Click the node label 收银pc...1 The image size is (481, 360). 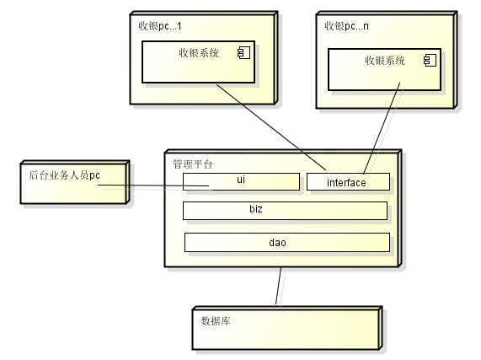click(160, 26)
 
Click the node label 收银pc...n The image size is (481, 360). click(346, 26)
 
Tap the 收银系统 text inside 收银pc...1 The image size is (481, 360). click(199, 53)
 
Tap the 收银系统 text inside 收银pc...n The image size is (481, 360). click(385, 61)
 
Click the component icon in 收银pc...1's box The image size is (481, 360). click(244, 53)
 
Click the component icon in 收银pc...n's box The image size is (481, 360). click(430, 60)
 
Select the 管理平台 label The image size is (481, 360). click(193, 164)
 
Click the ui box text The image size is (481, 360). click(241, 180)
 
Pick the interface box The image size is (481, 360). click(348, 182)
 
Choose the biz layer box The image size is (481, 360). click(285, 211)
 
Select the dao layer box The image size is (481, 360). click(287, 243)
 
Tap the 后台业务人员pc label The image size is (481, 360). click(64, 175)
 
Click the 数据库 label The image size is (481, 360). click(216, 321)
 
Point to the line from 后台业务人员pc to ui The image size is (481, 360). click(153, 185)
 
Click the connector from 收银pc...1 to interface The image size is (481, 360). click(271, 127)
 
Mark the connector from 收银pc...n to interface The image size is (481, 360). click(382, 128)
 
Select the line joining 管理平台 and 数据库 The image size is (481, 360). click(278, 286)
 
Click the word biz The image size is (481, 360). click(256, 209)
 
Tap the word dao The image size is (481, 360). click(278, 243)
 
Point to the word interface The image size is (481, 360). click(346, 183)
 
